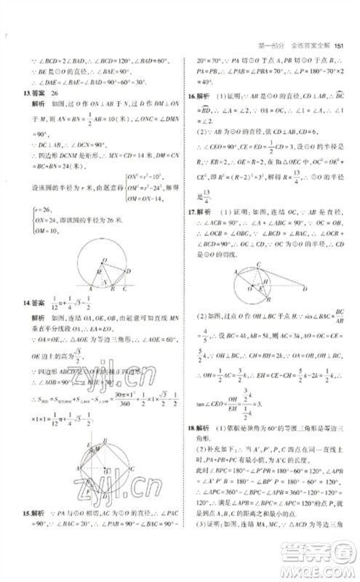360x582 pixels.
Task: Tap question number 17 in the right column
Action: click(x=193, y=231)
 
